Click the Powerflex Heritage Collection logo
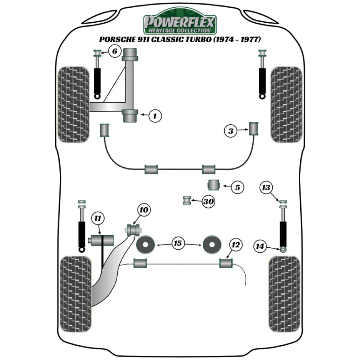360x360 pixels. click(x=180, y=24)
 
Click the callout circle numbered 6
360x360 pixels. click(x=114, y=52)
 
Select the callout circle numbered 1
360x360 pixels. click(x=155, y=116)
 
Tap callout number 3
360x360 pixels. click(x=231, y=131)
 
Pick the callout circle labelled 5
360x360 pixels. click(x=237, y=187)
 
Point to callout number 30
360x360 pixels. click(x=208, y=202)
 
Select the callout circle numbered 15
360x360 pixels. click(x=178, y=244)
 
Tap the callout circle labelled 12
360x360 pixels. click(x=235, y=245)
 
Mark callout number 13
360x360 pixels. click(x=267, y=188)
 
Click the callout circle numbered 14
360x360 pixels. click(x=260, y=247)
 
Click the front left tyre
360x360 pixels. click(x=73, y=104)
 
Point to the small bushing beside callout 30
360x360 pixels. click(x=187, y=200)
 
